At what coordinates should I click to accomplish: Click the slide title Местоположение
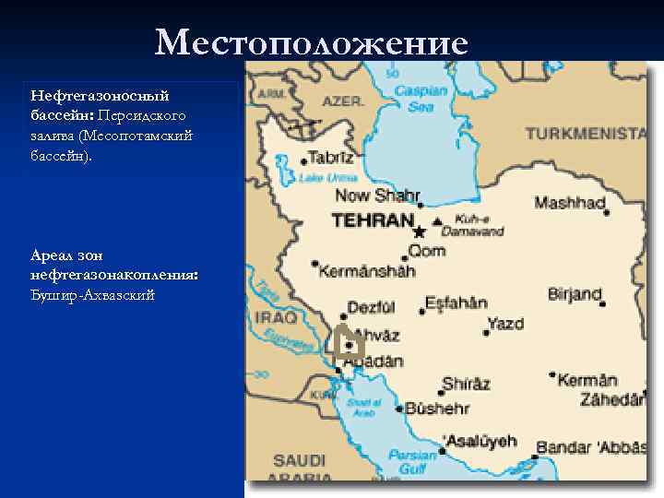tap(312, 42)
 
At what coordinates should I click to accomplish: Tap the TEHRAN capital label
tap(373, 221)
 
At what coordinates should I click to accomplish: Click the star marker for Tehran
tap(421, 231)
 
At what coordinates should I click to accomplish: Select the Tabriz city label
tap(330, 158)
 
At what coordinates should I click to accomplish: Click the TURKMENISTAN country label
tap(586, 134)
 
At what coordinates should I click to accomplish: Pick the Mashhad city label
tap(570, 203)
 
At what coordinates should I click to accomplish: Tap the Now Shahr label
tap(377, 196)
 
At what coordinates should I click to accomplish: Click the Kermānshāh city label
tap(368, 270)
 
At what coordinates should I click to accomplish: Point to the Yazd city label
tap(505, 324)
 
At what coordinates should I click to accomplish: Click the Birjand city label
tap(575, 295)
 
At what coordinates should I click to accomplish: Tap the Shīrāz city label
tap(466, 384)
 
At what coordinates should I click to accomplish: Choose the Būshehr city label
tap(437, 408)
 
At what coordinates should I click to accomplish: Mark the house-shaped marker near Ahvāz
tap(347, 343)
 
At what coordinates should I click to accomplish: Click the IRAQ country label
tap(277, 317)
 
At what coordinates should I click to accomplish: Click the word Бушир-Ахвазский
tap(92, 295)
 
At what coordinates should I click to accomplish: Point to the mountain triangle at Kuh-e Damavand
tap(437, 221)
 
